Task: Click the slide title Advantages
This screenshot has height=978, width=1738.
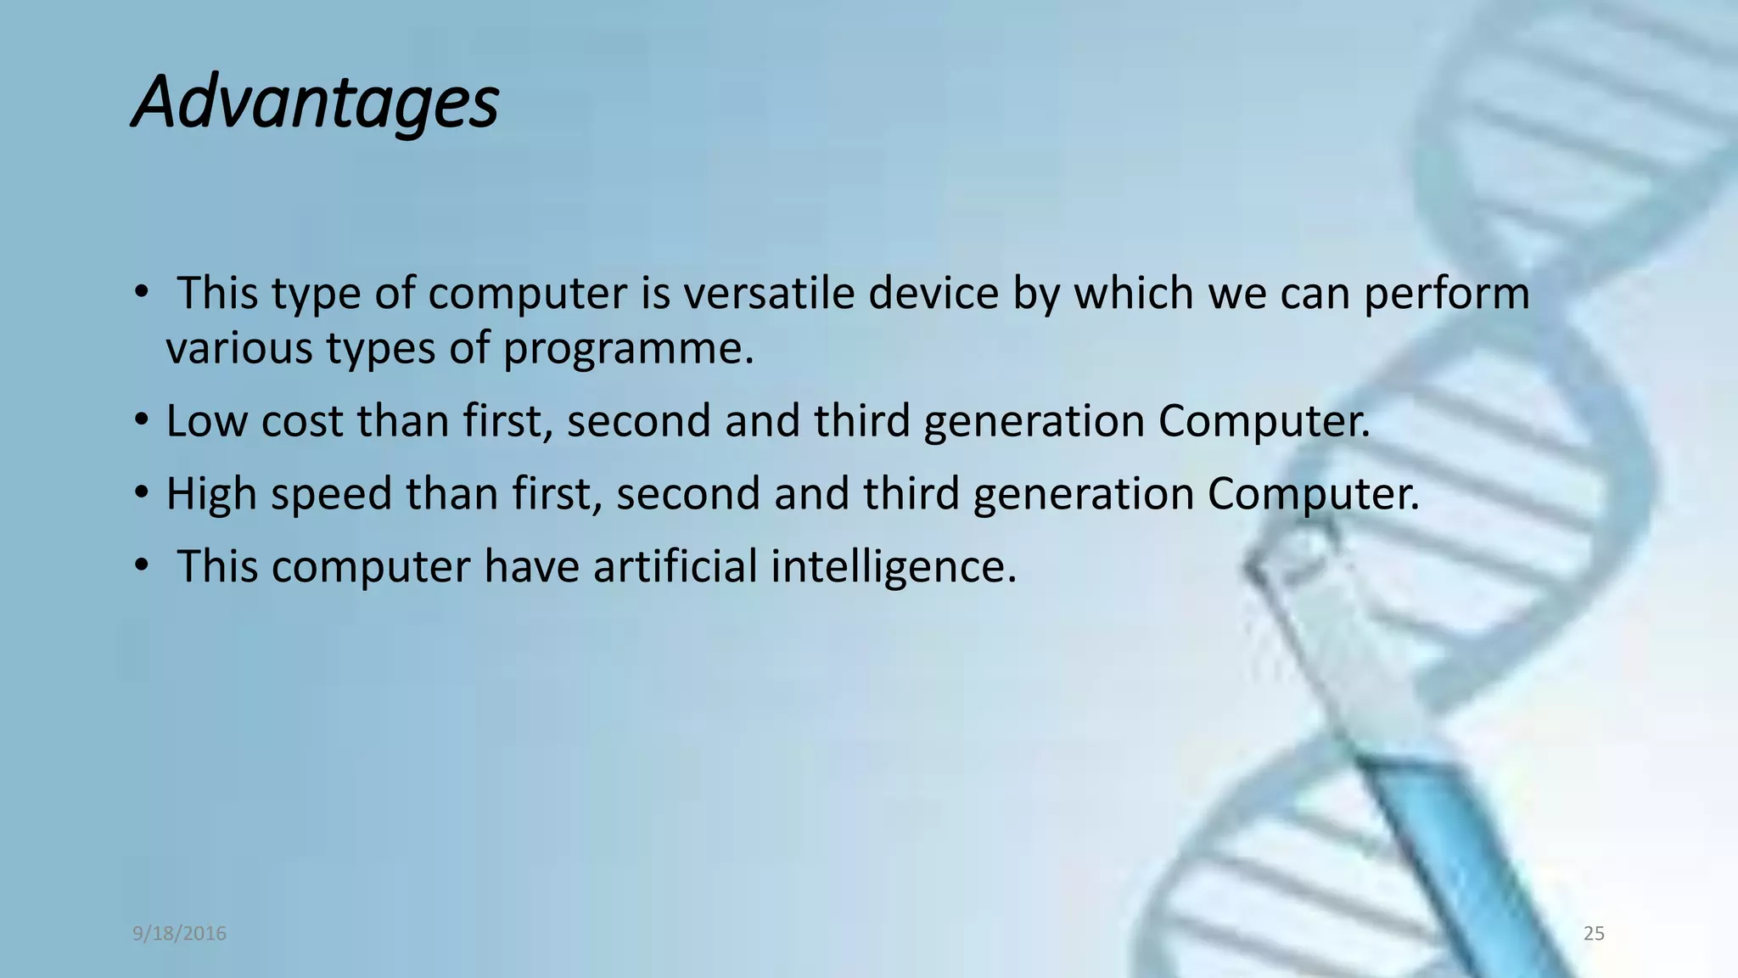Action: coord(316,102)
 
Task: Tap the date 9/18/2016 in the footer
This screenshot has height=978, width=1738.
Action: coord(179,934)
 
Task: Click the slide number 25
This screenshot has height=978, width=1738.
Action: coord(1594,934)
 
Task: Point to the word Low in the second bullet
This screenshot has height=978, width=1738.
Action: coord(206,420)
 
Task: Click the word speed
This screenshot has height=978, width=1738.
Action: coord(331,493)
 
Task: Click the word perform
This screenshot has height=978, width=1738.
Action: coord(1447,293)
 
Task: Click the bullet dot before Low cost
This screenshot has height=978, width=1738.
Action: coord(141,420)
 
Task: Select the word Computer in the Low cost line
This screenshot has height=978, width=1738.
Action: coord(1264,420)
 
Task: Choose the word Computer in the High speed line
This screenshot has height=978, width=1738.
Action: coord(1313,493)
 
